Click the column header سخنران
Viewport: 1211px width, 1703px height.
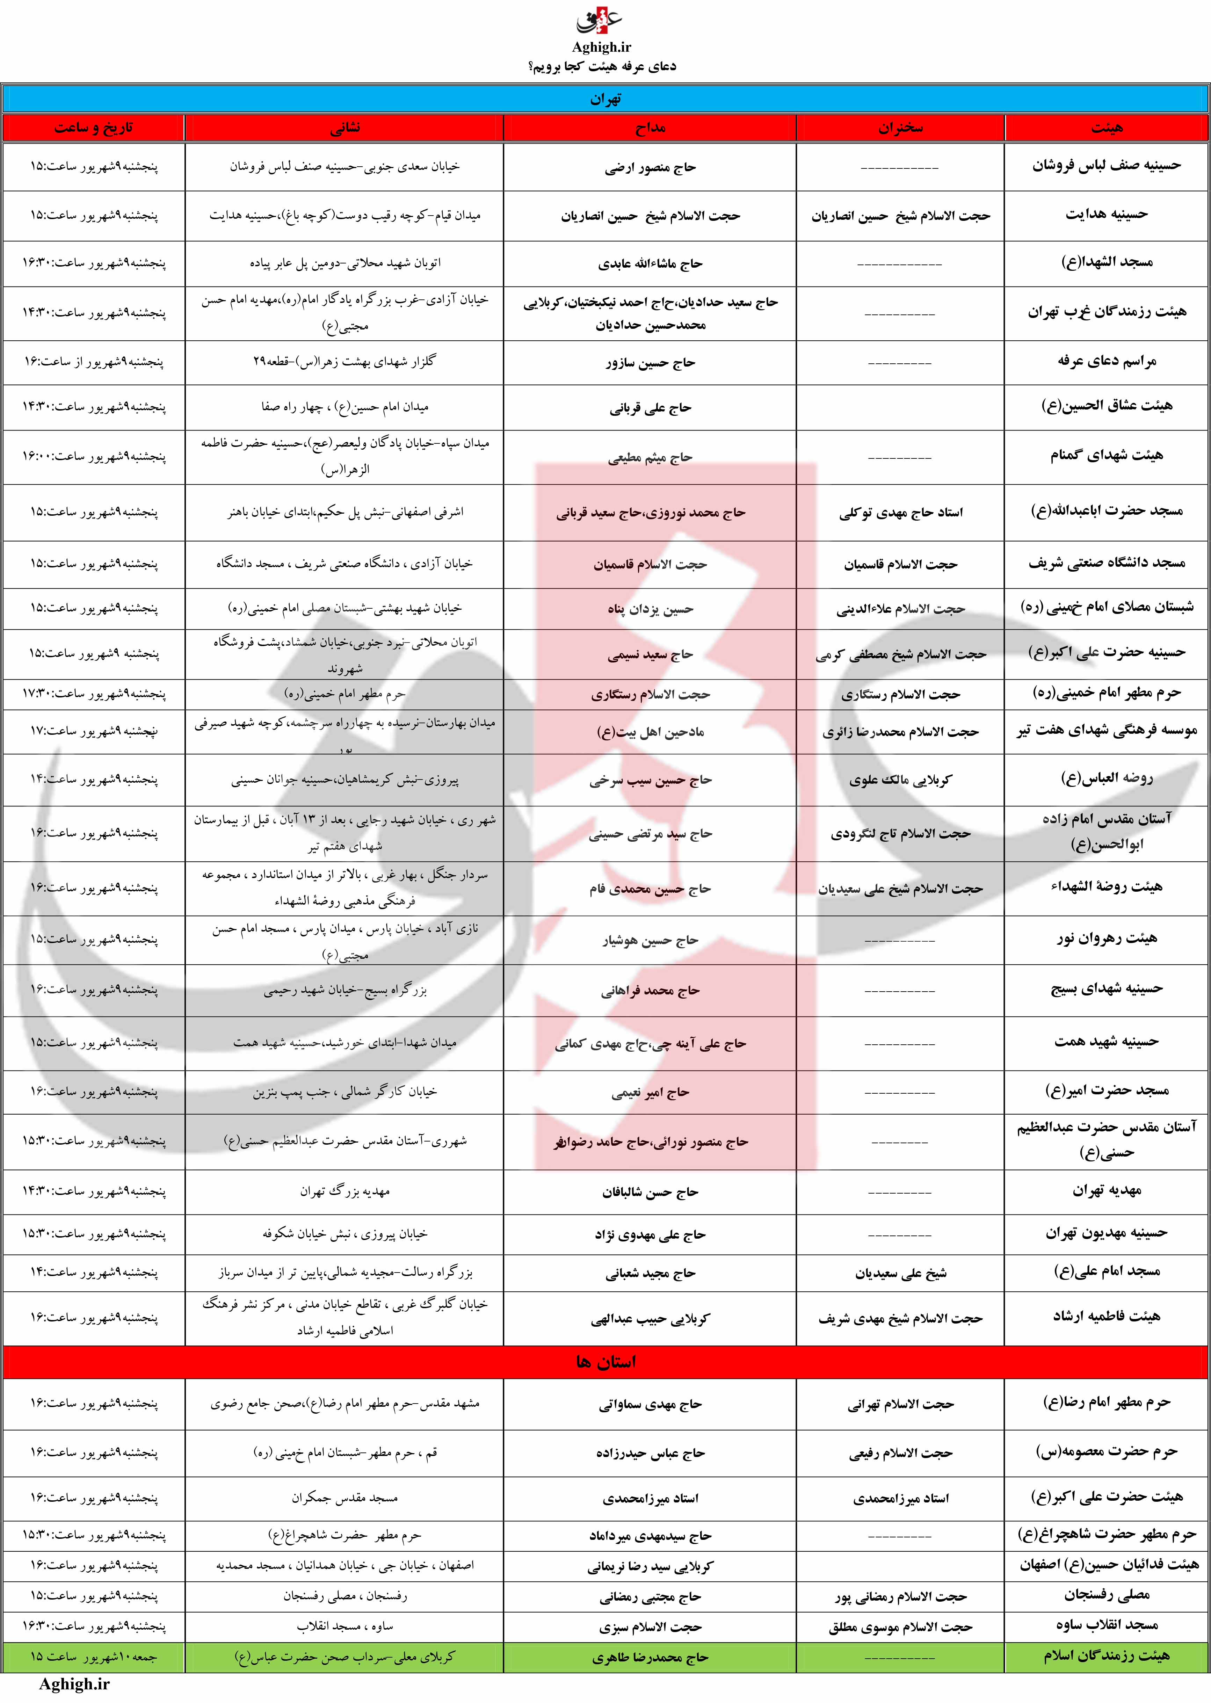coord(900,128)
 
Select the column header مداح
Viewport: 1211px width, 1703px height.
coord(650,128)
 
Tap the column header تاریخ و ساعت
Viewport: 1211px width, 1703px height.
coord(93,128)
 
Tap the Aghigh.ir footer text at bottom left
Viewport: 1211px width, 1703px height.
coord(74,1684)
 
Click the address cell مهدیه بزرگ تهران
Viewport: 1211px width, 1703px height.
coord(345,1191)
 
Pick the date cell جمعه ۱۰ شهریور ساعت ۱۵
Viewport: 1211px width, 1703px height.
coord(93,1657)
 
